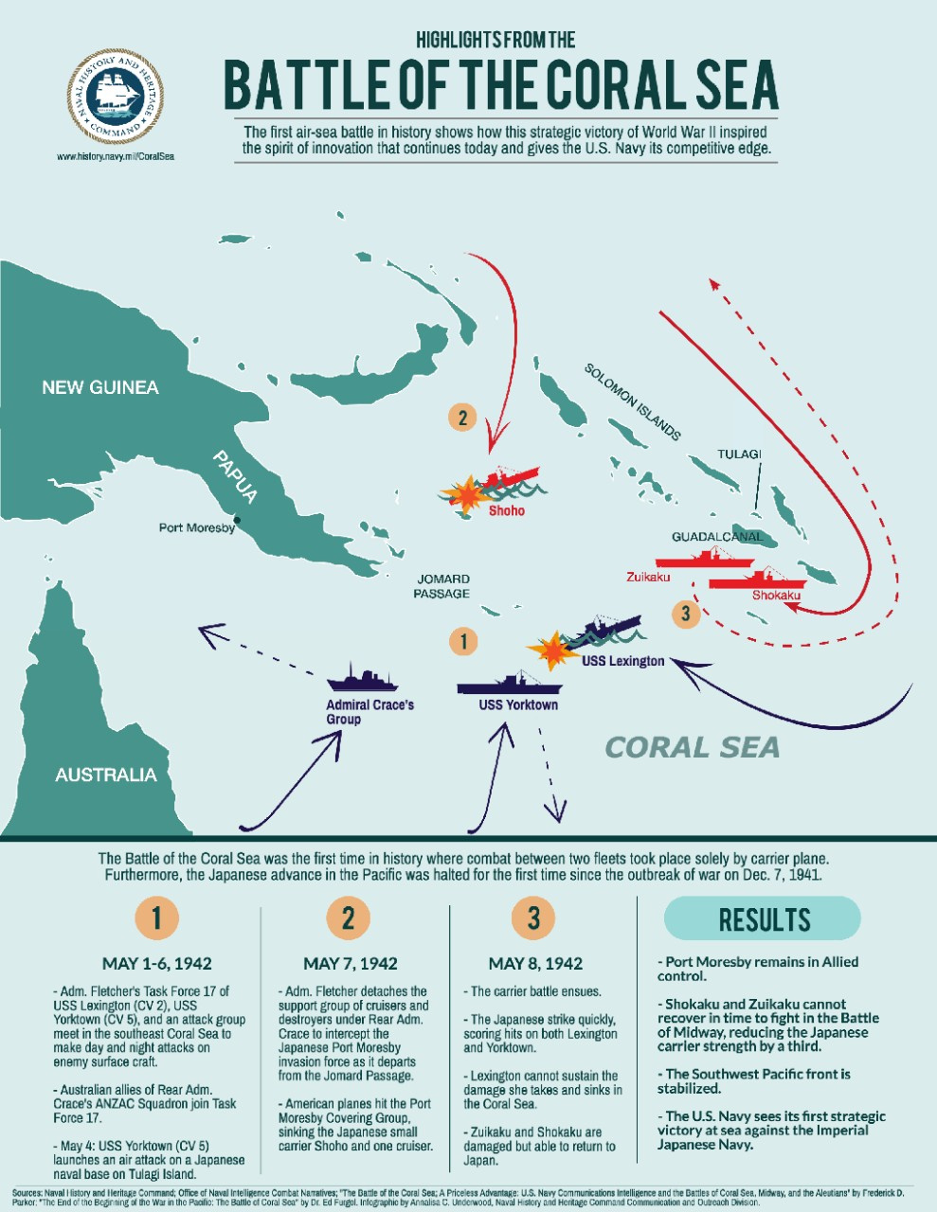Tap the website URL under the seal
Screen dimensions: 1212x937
pyautogui.click(x=116, y=156)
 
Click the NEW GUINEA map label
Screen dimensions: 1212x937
pyautogui.click(x=99, y=387)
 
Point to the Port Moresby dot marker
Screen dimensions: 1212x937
pyautogui.click(x=238, y=520)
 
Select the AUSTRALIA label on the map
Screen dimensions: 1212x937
pyautogui.click(x=105, y=775)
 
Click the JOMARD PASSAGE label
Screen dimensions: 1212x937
pyautogui.click(x=442, y=586)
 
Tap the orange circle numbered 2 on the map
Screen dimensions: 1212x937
pyautogui.click(x=462, y=418)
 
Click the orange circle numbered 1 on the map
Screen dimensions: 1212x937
pyautogui.click(x=462, y=641)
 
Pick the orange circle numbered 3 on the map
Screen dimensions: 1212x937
pyautogui.click(x=685, y=613)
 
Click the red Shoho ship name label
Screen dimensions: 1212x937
pyautogui.click(x=507, y=511)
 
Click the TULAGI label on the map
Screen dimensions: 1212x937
pyautogui.click(x=739, y=454)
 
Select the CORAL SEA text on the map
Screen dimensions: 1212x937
pyautogui.click(x=692, y=747)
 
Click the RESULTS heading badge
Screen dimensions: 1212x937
pyautogui.click(x=764, y=919)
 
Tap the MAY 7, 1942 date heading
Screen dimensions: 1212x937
pyautogui.click(x=351, y=964)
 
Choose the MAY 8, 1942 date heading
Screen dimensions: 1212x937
pyautogui.click(x=535, y=964)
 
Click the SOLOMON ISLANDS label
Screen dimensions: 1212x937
pyautogui.click(x=632, y=402)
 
